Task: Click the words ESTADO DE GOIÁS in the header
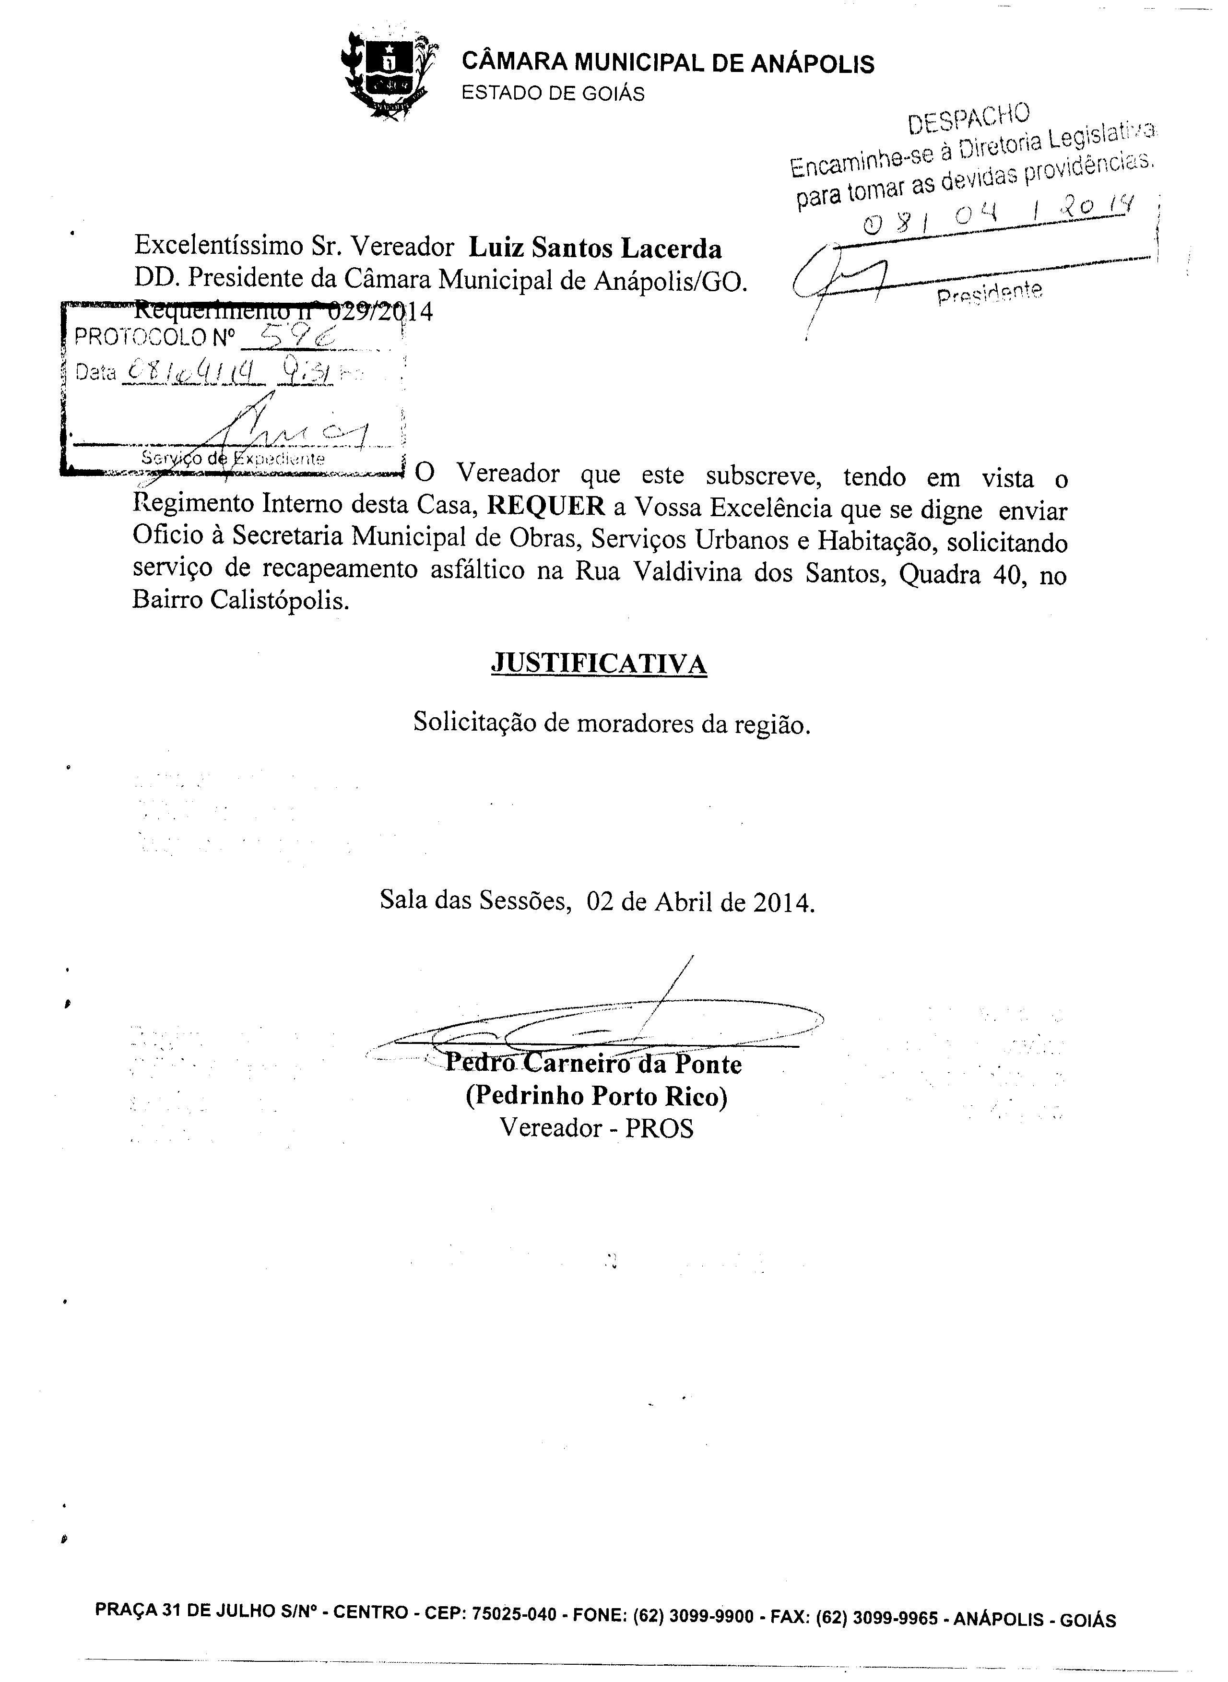[553, 94]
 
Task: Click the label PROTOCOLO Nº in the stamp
[154, 338]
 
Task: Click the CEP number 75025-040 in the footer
[514, 1613]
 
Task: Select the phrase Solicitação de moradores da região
[611, 723]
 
